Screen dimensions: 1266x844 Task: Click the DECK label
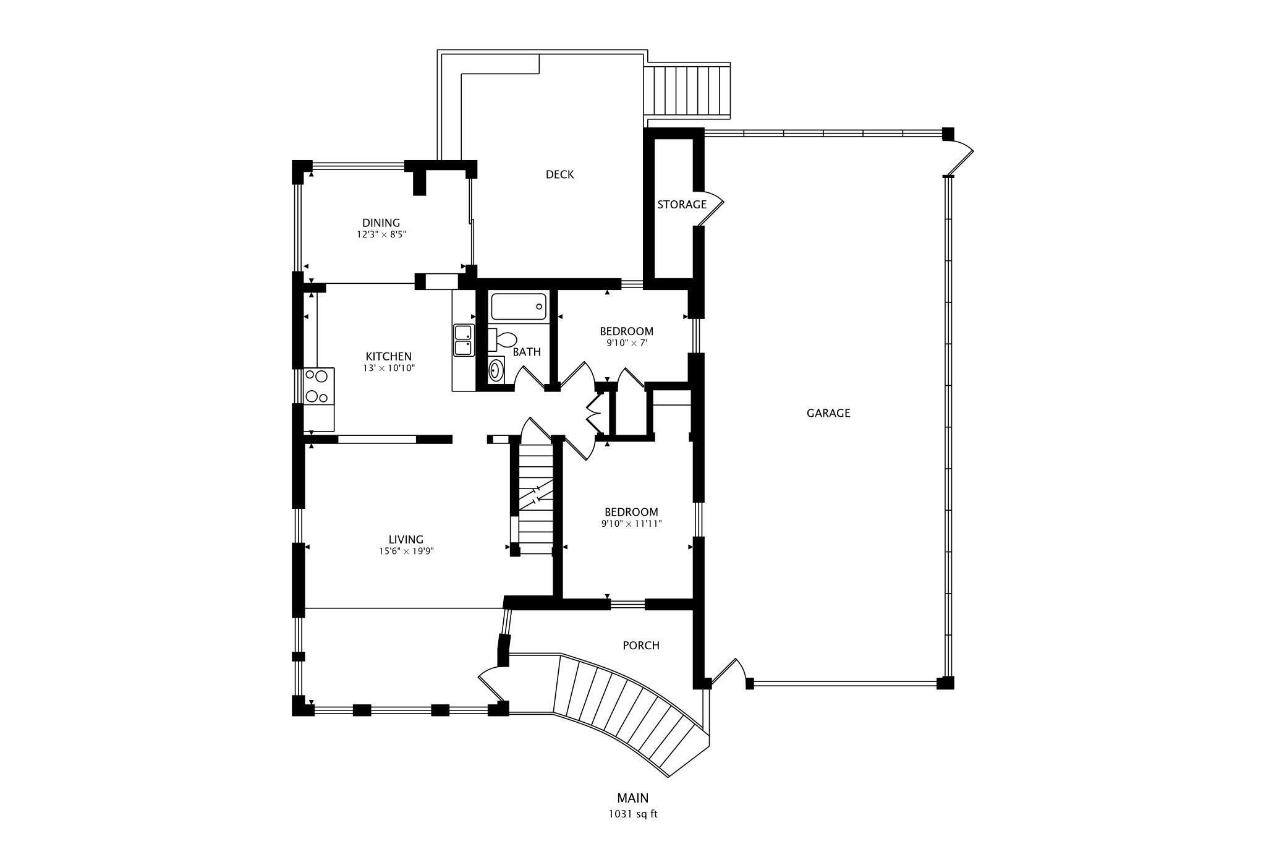pos(559,174)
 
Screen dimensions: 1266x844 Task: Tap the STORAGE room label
pos(681,204)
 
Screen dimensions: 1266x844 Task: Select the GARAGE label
pos(828,413)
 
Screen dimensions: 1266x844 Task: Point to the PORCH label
pos(641,646)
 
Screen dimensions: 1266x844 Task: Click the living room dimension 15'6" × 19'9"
pos(407,552)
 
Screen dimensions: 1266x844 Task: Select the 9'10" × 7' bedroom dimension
pos(626,343)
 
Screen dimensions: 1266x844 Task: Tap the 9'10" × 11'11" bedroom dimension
pos(632,524)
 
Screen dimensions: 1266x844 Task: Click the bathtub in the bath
pos(519,307)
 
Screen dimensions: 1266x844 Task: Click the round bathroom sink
pos(496,371)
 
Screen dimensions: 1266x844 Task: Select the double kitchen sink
pos(464,340)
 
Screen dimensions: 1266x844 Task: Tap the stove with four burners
pos(318,386)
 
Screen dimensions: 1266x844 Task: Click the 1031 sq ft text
pos(633,814)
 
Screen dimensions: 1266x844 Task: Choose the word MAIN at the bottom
pos(633,798)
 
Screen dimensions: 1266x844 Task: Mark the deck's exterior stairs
pos(687,91)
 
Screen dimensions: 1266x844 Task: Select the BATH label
pos(527,352)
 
